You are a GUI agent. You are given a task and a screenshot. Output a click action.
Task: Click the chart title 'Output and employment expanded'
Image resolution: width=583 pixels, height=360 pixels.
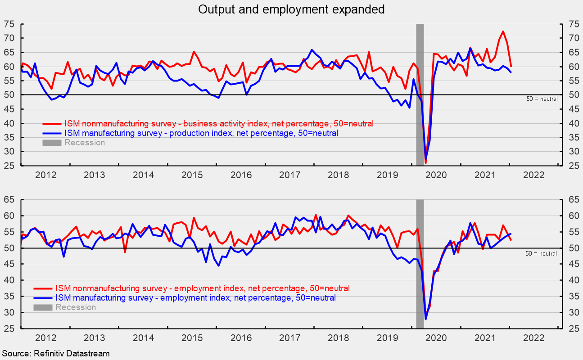click(x=291, y=9)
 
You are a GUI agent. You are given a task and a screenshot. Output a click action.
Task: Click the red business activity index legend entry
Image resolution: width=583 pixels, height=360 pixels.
click(x=219, y=123)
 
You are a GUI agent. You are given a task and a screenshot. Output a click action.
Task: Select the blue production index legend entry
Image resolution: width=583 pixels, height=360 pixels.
click(x=201, y=133)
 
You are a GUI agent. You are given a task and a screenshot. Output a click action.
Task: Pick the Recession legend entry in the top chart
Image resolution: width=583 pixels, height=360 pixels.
click(x=84, y=143)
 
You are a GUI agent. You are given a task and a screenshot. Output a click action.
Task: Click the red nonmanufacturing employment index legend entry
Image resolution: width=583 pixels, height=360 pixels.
click(x=202, y=288)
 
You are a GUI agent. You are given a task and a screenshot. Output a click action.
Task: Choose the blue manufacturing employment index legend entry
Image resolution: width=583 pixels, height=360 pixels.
click(x=194, y=298)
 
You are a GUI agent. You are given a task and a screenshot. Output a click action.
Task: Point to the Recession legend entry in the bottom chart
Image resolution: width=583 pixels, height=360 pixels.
click(x=75, y=307)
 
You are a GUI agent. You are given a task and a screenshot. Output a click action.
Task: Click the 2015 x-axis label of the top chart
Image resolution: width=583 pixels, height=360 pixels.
click(x=192, y=175)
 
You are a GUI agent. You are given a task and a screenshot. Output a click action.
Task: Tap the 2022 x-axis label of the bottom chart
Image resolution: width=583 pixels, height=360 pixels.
click(x=535, y=337)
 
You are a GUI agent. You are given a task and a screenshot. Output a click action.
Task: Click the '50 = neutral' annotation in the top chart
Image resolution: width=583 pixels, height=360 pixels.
click(x=542, y=99)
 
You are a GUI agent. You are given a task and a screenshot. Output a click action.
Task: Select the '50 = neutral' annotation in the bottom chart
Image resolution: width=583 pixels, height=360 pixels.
click(x=541, y=253)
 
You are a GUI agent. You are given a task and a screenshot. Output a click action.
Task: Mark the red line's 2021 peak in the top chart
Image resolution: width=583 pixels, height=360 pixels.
click(x=503, y=31)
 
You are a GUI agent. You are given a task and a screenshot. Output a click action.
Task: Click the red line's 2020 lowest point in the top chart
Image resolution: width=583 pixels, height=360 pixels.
click(x=425, y=163)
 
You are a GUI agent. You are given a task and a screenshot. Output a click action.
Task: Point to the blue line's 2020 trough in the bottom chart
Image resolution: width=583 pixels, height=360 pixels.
click(x=425, y=319)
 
